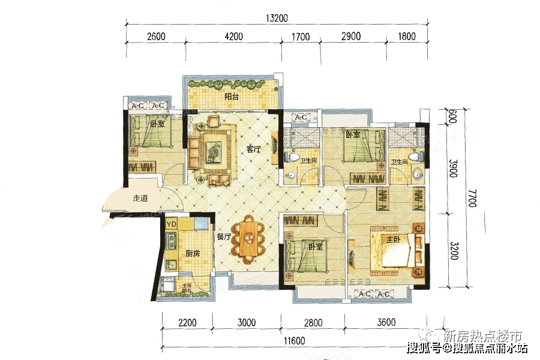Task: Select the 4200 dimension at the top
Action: (233, 37)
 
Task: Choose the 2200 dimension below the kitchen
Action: (187, 323)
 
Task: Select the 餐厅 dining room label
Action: (224, 236)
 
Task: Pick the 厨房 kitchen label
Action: (193, 253)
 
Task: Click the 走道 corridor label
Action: (140, 198)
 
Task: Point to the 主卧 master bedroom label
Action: (393, 240)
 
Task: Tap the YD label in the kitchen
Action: (172, 224)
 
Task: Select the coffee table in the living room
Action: (212, 148)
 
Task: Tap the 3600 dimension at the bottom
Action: (386, 323)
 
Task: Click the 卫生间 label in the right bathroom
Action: (400, 162)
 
